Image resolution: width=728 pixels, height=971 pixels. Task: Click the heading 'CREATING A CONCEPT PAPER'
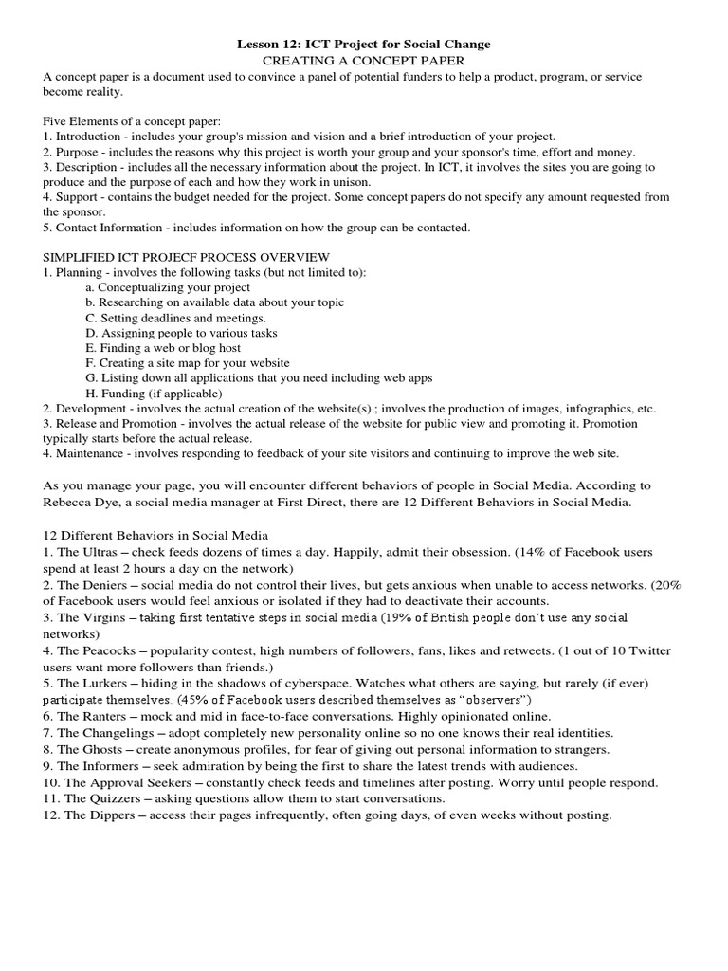[x=363, y=60]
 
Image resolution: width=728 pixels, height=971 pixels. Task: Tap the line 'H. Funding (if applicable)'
[x=154, y=393]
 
